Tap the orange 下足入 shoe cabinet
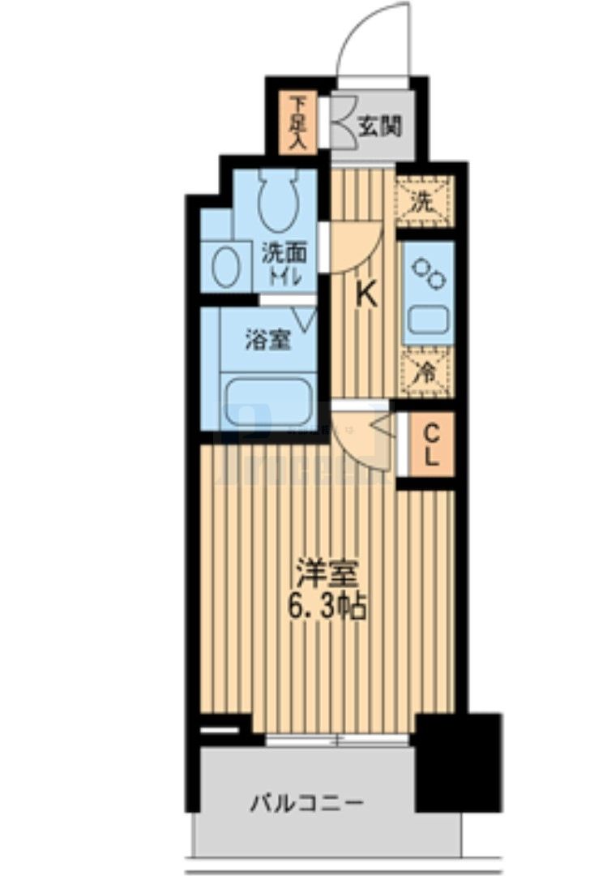pos(297,124)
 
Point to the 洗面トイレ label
pos(281,264)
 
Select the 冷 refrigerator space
pos(422,372)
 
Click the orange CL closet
pos(431,444)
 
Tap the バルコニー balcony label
pos(306,805)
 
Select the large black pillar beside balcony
pos(458,762)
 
